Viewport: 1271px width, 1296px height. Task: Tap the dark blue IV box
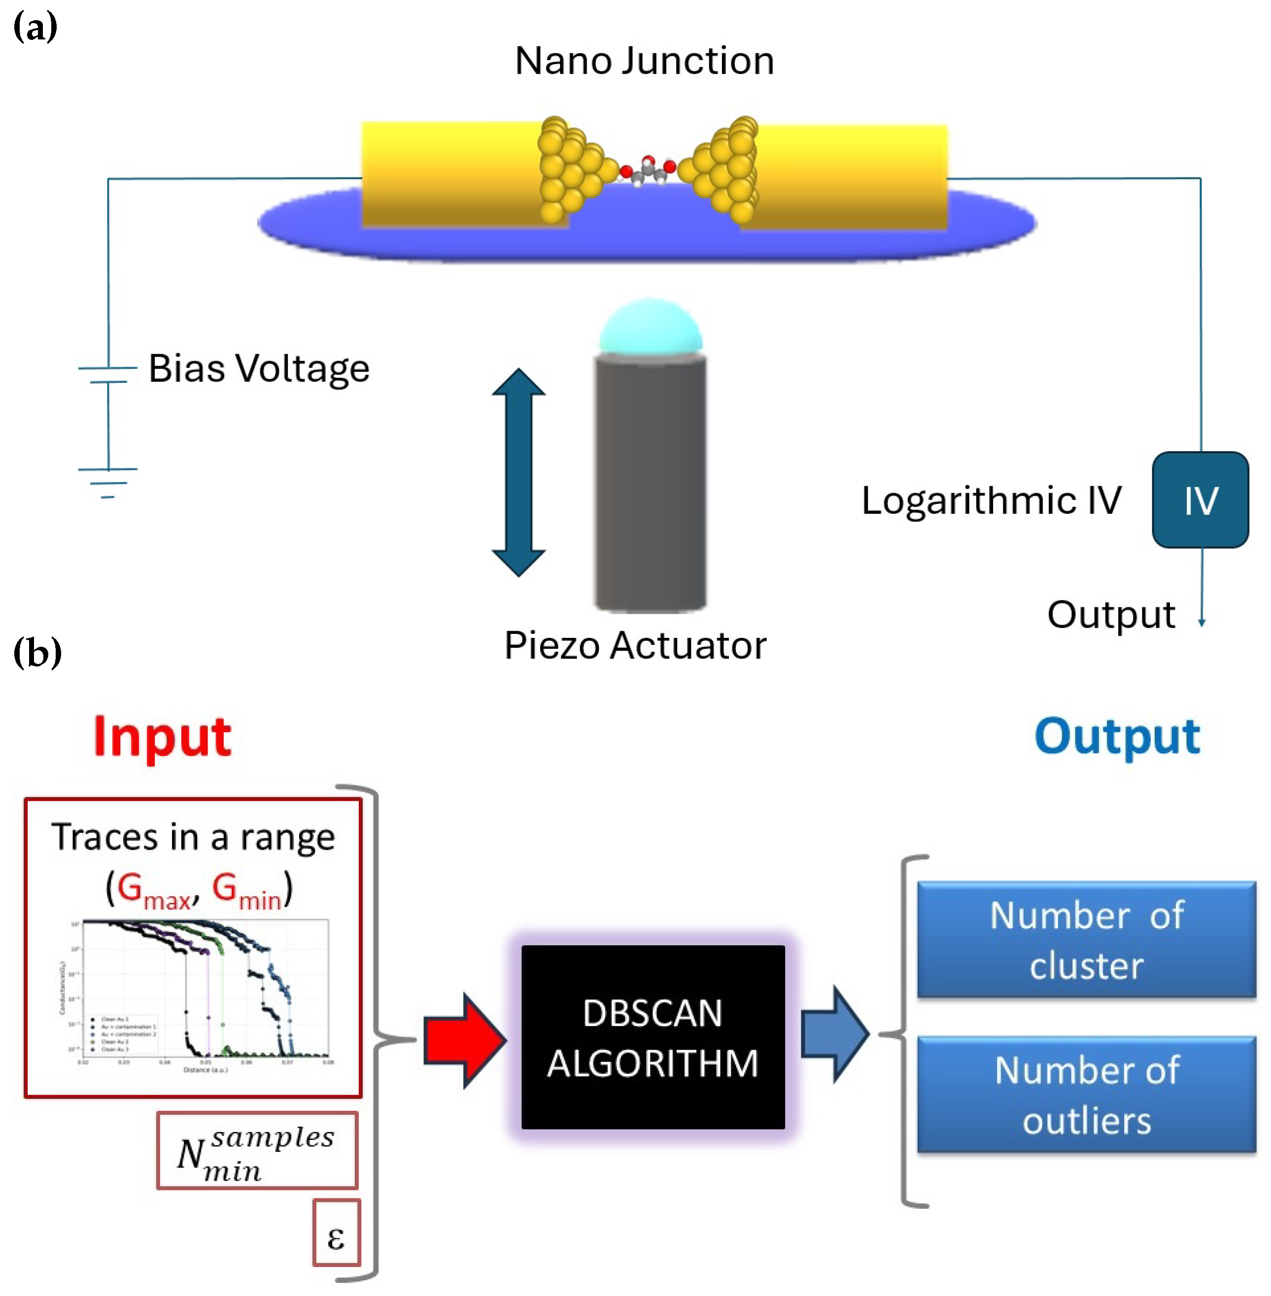pyautogui.click(x=1200, y=500)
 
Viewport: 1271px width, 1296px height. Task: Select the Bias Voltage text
pyautogui.click(x=258, y=368)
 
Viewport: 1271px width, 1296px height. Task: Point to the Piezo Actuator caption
pyautogui.click(x=635, y=645)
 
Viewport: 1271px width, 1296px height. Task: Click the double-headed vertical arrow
pyautogui.click(x=518, y=472)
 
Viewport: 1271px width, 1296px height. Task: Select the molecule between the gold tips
pyautogui.click(x=648, y=170)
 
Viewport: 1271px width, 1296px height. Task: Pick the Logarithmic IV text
pyautogui.click(x=991, y=500)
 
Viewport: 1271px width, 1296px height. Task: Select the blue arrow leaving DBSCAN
pyautogui.click(x=834, y=1034)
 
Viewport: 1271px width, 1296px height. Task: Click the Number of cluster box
pyautogui.click(x=1086, y=940)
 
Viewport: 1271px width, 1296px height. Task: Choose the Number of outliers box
pyautogui.click(x=1086, y=1095)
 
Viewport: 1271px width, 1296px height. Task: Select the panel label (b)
pyautogui.click(x=37, y=653)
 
